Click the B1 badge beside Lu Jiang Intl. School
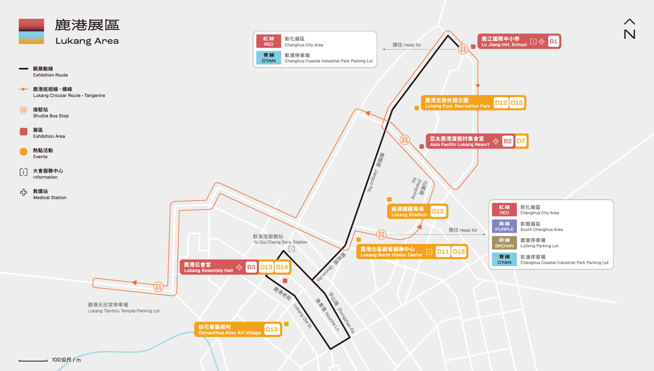[553, 41]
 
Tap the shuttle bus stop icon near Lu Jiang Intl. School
[463, 49]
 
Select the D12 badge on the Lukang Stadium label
[438, 211]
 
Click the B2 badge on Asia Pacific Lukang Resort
[508, 141]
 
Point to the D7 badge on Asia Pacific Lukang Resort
[521, 141]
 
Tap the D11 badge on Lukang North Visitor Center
[443, 252]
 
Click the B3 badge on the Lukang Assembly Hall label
[251, 267]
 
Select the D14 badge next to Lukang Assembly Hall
[282, 267]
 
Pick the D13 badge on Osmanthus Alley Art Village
[272, 329]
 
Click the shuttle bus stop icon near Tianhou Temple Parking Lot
[158, 287]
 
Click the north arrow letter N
[629, 34]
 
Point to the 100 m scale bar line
[33, 361]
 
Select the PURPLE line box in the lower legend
[504, 226]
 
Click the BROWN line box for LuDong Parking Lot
[504, 243]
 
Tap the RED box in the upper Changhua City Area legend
[268, 41]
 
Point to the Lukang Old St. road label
[302, 316]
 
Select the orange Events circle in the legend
[24, 152]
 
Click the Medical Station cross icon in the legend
[24, 192]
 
